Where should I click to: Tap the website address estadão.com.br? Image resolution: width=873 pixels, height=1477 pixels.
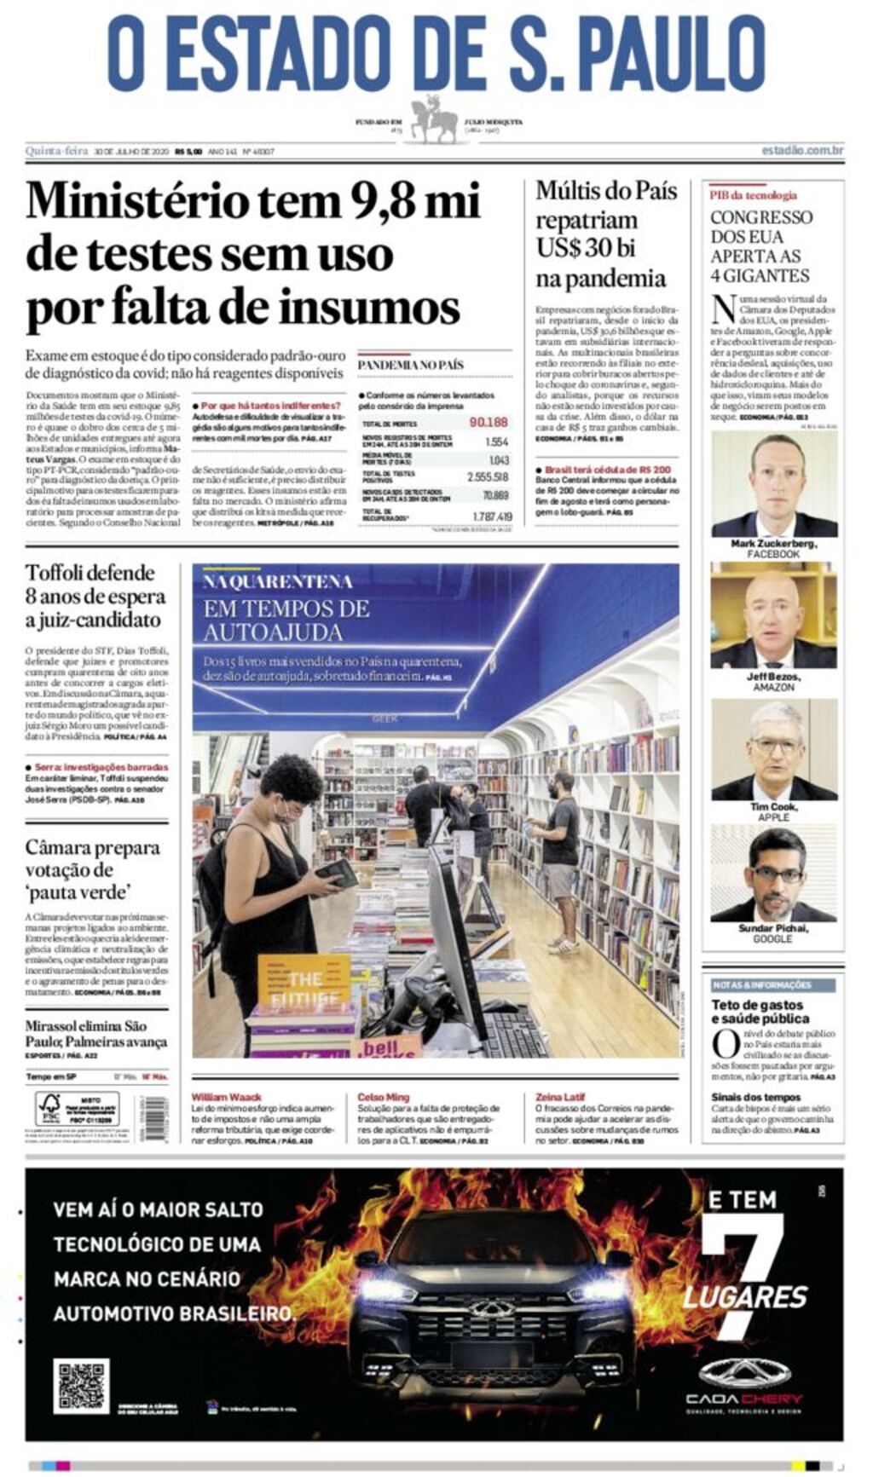(801, 151)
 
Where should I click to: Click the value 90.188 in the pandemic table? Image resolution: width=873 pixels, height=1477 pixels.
(488, 422)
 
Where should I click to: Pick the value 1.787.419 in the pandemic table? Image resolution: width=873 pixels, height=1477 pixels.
(492, 516)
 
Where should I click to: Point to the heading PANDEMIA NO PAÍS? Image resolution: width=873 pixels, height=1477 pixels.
(410, 365)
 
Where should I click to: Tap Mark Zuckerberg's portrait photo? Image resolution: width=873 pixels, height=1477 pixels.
(773, 484)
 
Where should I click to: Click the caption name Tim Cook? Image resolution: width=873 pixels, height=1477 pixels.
(773, 806)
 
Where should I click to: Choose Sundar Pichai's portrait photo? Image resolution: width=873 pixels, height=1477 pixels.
(773, 873)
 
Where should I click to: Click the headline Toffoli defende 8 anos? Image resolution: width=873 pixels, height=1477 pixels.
(94, 595)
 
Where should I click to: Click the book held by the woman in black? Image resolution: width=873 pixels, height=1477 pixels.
(338, 873)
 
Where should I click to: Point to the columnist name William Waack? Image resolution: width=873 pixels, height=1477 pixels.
(226, 1097)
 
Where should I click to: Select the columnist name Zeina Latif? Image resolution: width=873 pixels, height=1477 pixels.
(560, 1097)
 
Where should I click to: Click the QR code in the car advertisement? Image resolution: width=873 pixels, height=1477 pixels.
(81, 1387)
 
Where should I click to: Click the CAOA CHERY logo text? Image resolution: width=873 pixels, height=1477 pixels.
(743, 1399)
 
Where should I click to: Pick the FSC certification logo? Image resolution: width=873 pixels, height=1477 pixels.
(49, 1108)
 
